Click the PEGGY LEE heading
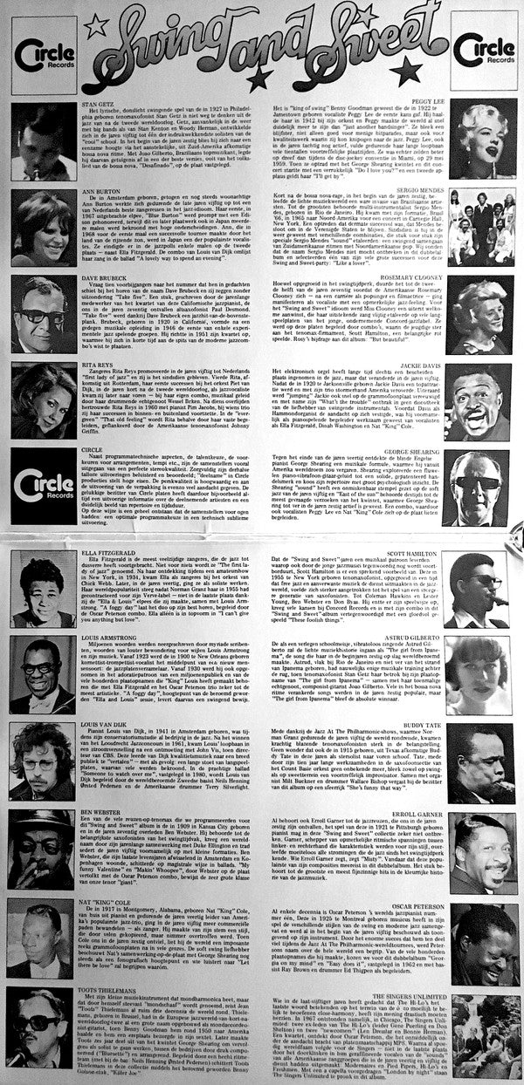[x=423, y=104]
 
